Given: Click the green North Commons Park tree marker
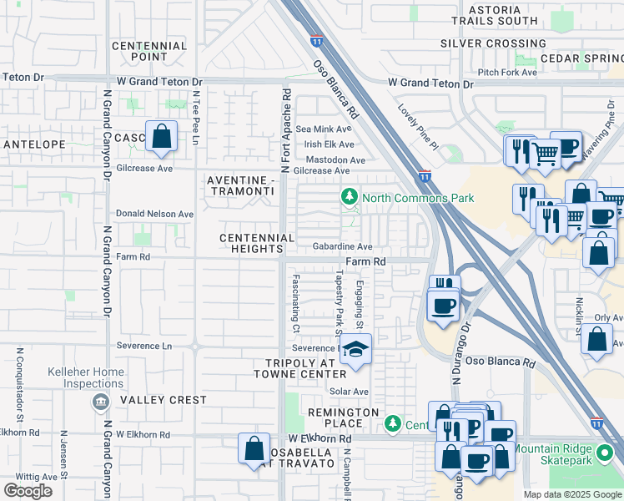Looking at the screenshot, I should click(349, 198).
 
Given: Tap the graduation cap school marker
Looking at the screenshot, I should click(356, 350).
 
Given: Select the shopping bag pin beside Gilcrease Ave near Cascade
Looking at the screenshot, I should click(161, 136).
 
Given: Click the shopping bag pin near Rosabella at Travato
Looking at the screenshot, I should click(254, 448).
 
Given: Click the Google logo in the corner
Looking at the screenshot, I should click(28, 491).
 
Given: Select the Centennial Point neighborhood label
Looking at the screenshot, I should click(148, 51).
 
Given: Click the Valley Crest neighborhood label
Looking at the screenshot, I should click(163, 400).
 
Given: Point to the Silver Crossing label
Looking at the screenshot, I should click(493, 43).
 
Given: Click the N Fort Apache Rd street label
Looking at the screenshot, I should click(285, 130).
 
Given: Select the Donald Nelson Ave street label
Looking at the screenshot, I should click(154, 214).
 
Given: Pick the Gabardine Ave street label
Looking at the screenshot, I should click(342, 247).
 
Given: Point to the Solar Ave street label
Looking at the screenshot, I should click(349, 392).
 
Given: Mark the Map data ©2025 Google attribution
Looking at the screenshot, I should click(571, 494).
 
